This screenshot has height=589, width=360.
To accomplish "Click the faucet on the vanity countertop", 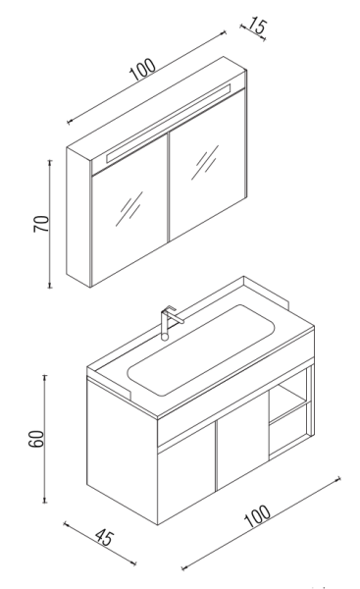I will click(168, 320).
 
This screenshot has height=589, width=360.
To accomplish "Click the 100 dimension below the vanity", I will click(257, 514).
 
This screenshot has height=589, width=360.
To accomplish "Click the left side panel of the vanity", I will click(121, 442).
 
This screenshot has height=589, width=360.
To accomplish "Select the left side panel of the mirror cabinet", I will click(77, 216).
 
